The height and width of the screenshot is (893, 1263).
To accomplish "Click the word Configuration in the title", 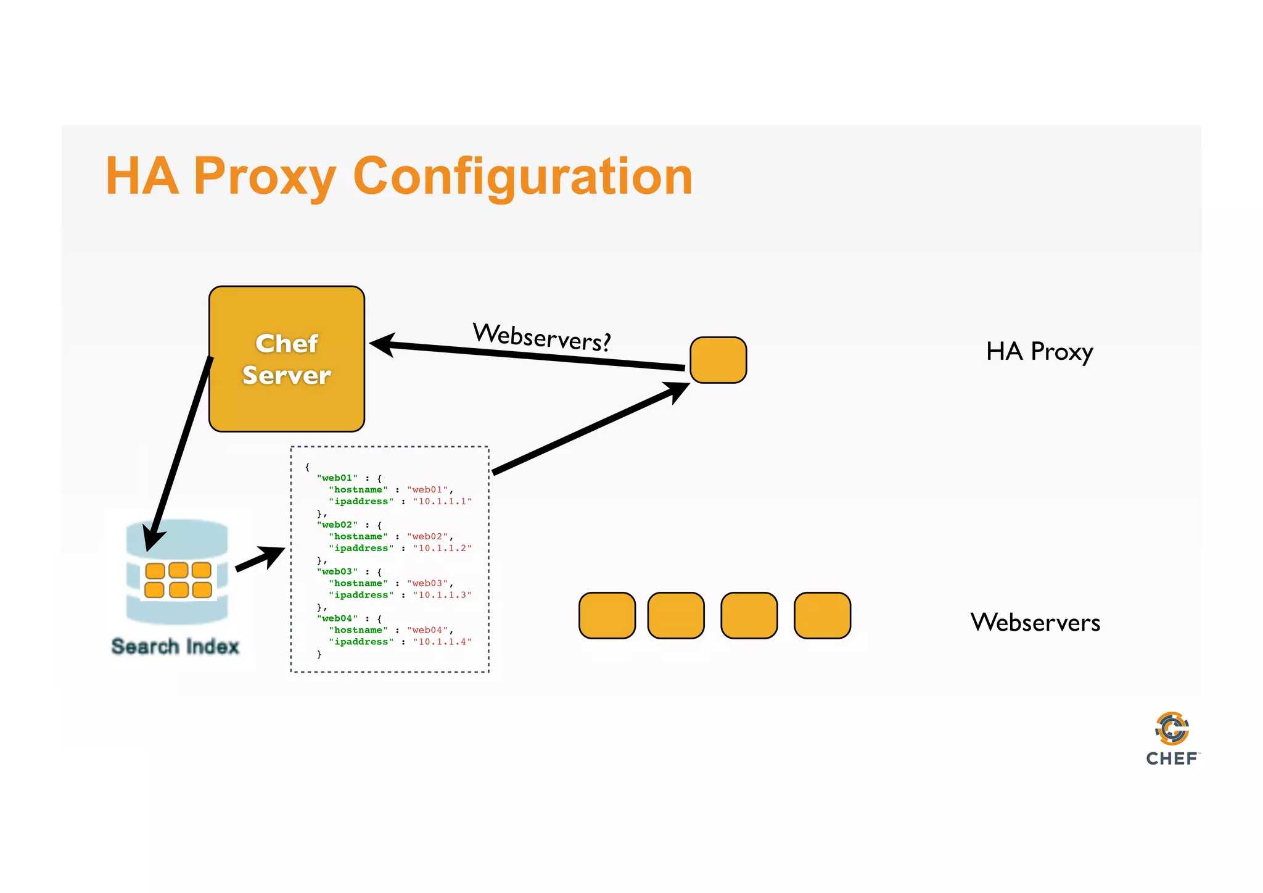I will coord(523,177).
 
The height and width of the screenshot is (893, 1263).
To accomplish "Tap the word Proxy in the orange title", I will coord(265,177).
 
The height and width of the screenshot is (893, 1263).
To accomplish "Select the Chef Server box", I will coord(287,359).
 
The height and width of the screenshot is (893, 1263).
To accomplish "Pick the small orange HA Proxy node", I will coord(718,360).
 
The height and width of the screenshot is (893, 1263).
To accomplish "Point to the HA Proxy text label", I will coord(1039,352).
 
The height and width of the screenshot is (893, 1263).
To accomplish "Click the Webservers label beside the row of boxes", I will coord(1035,622).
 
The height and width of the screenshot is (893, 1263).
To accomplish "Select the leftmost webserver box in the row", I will coord(607,615).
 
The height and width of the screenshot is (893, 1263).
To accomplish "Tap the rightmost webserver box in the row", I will coord(822,615).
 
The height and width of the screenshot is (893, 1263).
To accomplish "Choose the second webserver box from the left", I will coord(676,615).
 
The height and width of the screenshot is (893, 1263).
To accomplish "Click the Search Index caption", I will coord(175,646).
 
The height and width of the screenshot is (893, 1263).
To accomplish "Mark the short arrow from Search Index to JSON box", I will coord(259,559).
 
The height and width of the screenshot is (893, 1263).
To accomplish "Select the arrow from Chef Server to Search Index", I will coord(179,454).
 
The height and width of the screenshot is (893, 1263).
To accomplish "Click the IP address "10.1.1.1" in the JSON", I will coord(442,502).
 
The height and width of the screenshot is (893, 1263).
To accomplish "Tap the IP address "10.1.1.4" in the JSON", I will coord(442,642).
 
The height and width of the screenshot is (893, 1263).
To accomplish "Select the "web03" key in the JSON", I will coord(337,571).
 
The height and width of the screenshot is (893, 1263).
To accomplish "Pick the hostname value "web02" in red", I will coord(429,537).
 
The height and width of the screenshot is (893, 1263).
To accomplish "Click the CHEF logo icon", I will coord(1172,729).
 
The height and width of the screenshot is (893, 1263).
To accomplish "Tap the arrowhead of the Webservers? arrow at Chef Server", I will coord(382,344).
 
